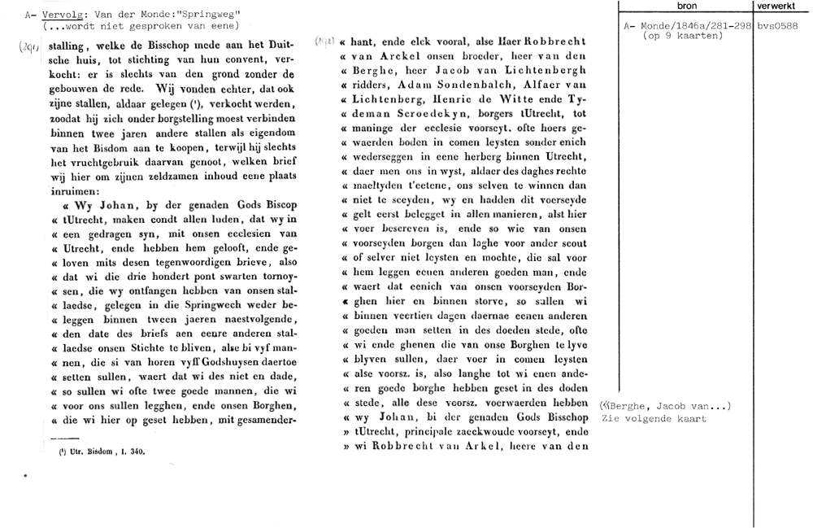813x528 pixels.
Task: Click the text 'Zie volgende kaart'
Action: click(654, 419)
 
